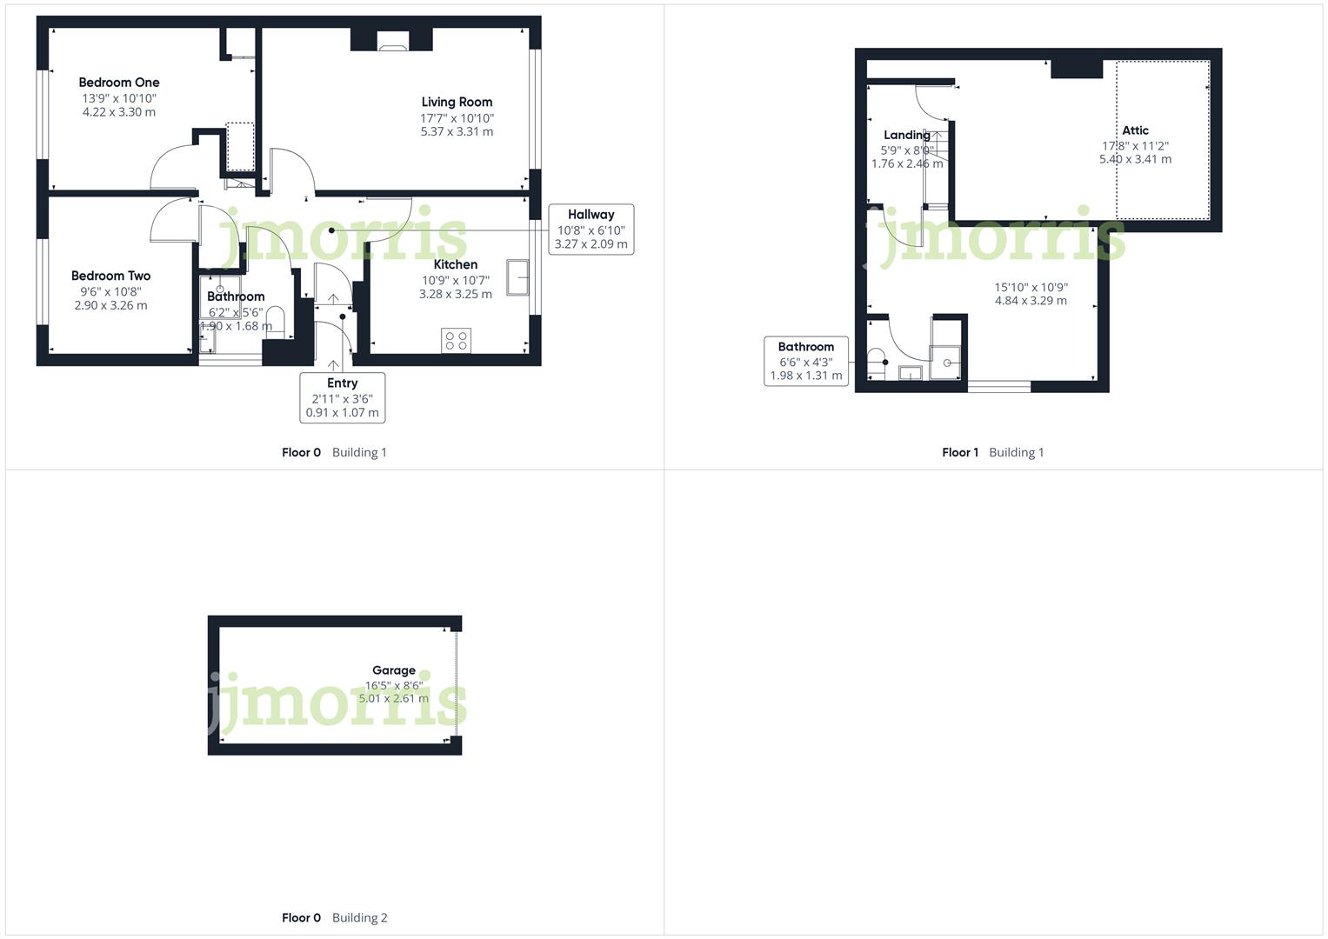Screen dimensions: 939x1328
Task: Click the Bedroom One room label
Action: pyautogui.click(x=119, y=83)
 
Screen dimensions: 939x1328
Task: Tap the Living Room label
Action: pyautogui.click(x=457, y=102)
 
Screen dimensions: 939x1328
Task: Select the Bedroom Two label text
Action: pyautogui.click(x=110, y=276)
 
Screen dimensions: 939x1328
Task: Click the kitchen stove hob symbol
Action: pyautogui.click(x=456, y=340)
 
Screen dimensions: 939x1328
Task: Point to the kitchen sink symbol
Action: pyautogui.click(x=519, y=278)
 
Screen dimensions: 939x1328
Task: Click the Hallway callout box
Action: pyautogui.click(x=591, y=230)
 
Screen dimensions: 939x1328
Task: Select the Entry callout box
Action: pyautogui.click(x=342, y=397)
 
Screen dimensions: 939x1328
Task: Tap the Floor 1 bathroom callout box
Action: pyautogui.click(x=805, y=361)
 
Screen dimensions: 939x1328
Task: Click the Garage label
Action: pyautogui.click(x=393, y=670)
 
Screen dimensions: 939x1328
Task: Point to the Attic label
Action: pyautogui.click(x=1135, y=130)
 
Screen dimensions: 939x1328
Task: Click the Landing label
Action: pyautogui.click(x=906, y=135)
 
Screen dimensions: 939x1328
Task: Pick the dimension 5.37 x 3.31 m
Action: pyautogui.click(x=457, y=132)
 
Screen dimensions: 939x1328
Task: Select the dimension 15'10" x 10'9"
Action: pyautogui.click(x=1031, y=287)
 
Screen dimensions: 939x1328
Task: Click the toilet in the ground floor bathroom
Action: pyautogui.click(x=275, y=318)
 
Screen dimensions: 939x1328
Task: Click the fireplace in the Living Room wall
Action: pyautogui.click(x=391, y=41)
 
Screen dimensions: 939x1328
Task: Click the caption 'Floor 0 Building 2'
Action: pyautogui.click(x=334, y=917)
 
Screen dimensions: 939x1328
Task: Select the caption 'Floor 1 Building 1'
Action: pyautogui.click(x=992, y=452)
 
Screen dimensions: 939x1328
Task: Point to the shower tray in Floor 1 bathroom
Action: pyautogui.click(x=945, y=363)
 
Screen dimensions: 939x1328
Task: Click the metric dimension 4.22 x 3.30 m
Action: pyautogui.click(x=119, y=112)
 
